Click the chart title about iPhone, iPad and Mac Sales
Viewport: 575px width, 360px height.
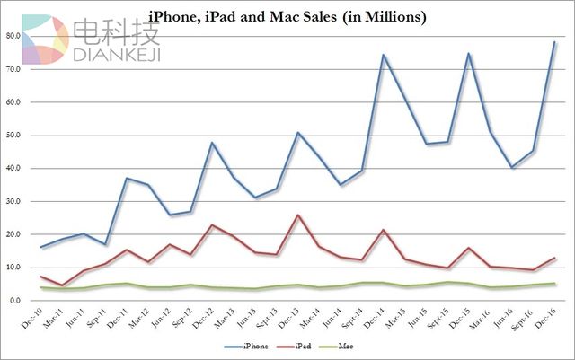coord(287,17)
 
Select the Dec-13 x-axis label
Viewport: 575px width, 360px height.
coord(291,315)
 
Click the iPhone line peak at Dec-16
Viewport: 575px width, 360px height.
coord(554,42)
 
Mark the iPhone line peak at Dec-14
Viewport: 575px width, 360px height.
coord(384,55)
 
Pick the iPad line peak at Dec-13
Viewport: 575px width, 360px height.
coord(297,215)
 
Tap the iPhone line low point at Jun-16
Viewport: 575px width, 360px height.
coord(511,168)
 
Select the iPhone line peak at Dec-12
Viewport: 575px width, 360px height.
coord(212,143)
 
